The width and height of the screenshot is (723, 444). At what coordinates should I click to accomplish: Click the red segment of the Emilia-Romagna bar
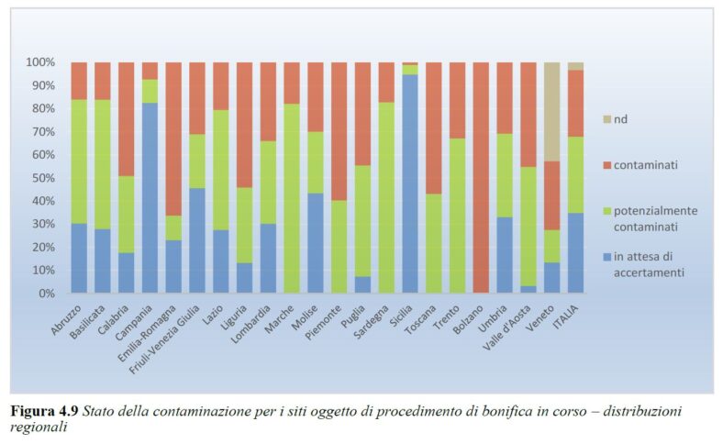pyautogui.click(x=173, y=139)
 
